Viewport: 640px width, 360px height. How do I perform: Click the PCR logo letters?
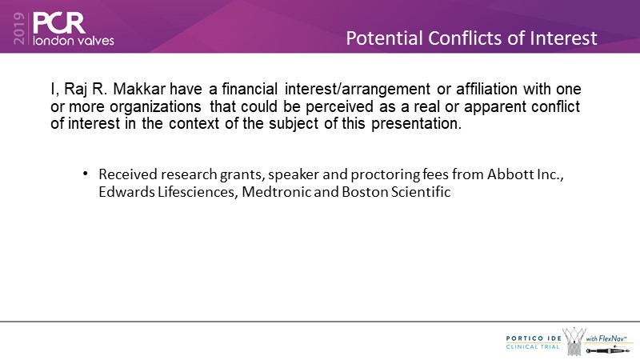tap(58, 23)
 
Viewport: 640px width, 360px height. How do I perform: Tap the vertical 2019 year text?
tap(18, 28)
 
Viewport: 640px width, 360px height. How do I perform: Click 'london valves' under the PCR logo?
tap(74, 41)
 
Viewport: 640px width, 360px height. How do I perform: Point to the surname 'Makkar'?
tap(139, 89)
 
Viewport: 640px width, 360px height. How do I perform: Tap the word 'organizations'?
tap(155, 106)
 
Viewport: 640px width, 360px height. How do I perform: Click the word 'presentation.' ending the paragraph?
tap(416, 123)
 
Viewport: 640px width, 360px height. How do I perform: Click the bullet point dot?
tap(86, 174)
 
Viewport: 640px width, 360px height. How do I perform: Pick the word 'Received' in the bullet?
tap(128, 174)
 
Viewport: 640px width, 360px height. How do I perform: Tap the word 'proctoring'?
tap(385, 174)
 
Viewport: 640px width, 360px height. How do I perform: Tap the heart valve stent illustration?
tap(574, 342)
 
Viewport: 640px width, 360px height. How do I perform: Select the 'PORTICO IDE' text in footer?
tap(534, 338)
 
